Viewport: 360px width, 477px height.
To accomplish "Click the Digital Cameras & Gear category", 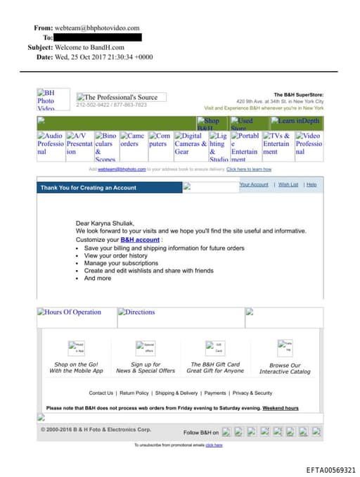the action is click(190, 143).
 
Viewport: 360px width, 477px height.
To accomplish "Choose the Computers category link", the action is click(159, 139).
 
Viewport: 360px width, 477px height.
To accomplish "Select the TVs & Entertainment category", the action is click(277, 143).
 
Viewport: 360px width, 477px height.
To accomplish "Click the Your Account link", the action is click(254, 184).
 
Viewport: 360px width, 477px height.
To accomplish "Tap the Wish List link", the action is click(288, 184).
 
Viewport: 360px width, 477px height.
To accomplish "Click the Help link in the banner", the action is click(311, 184).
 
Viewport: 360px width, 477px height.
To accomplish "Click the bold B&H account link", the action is click(139, 240).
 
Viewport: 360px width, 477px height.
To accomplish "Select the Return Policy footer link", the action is click(134, 393).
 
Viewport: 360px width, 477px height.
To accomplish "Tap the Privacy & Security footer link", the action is click(252, 393).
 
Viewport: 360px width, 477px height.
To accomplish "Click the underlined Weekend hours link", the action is click(281, 408).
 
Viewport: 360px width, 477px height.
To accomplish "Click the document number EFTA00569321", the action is click(330, 469).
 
